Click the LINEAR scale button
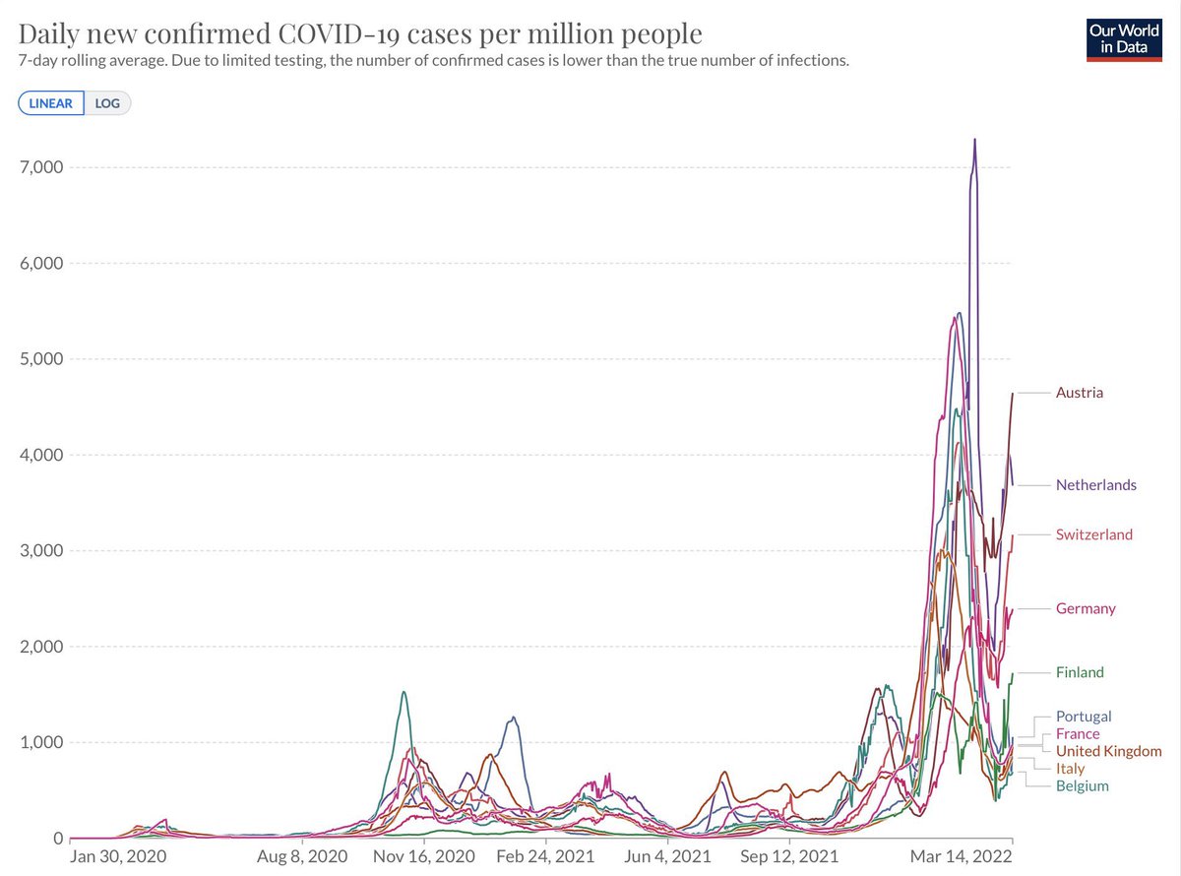click(x=50, y=103)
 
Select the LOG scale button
click(x=107, y=103)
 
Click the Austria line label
click(x=1079, y=393)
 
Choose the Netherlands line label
click(x=1095, y=484)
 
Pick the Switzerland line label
click(x=1093, y=534)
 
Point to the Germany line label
click(x=1086, y=608)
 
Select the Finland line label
click(x=1080, y=672)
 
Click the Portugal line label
click(x=1083, y=717)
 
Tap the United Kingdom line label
click(x=1108, y=751)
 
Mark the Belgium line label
click(x=1082, y=785)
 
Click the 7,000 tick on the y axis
click(x=40, y=167)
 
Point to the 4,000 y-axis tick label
click(x=40, y=455)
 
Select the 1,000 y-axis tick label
click(x=40, y=742)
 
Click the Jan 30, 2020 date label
click(x=116, y=856)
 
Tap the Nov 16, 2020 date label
click(x=424, y=856)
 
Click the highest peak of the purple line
click(x=974, y=140)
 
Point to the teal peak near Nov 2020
click(x=404, y=692)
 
